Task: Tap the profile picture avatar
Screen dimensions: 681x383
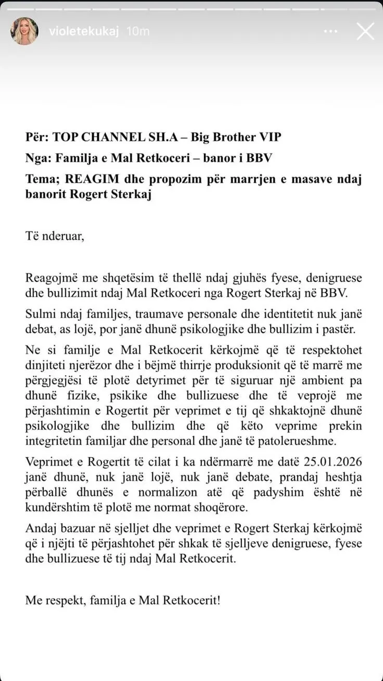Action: click(x=24, y=31)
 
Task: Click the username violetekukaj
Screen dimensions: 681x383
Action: click(x=83, y=31)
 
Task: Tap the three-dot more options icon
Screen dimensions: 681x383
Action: click(x=330, y=31)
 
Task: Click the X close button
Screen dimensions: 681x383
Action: click(x=365, y=31)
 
